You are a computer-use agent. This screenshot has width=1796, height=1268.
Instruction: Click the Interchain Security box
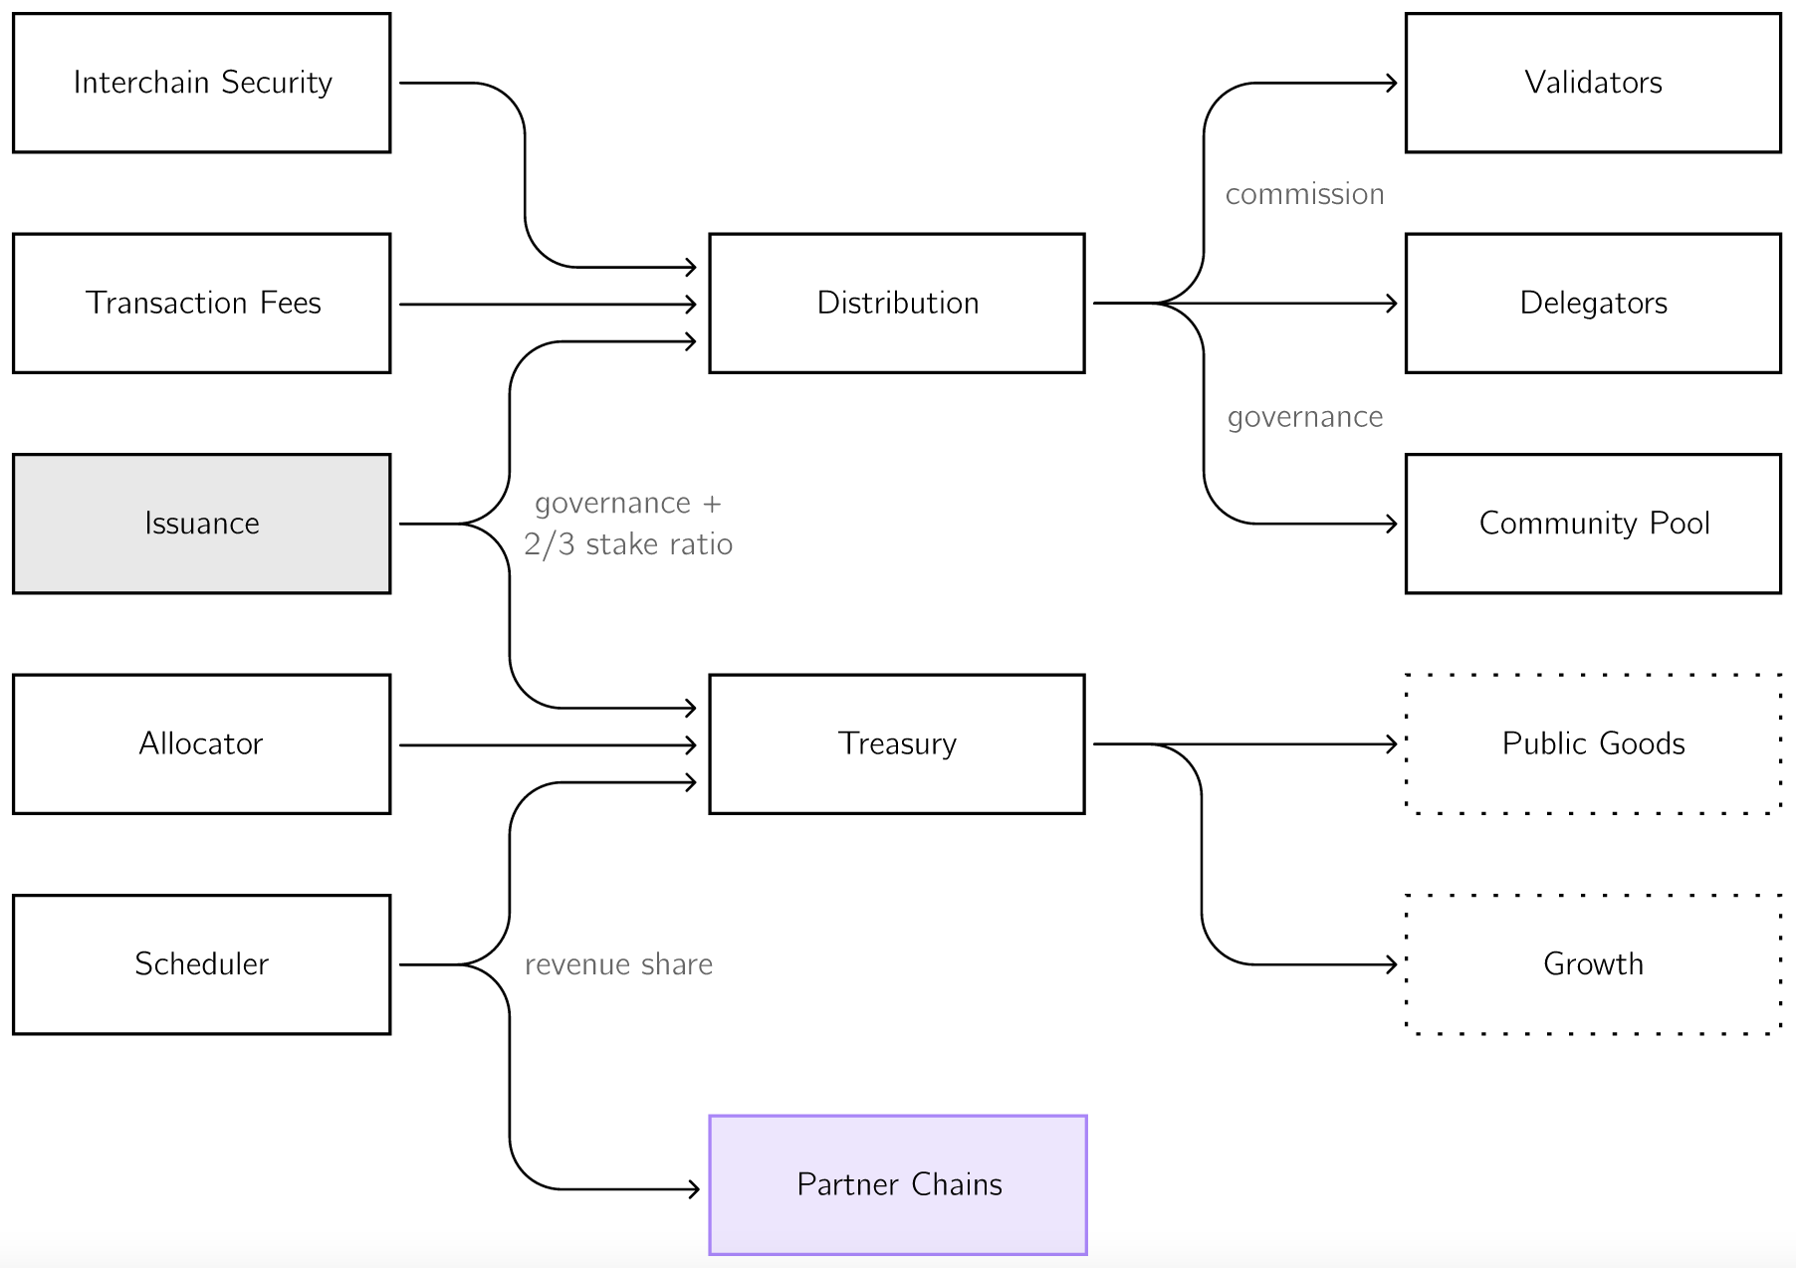[202, 83]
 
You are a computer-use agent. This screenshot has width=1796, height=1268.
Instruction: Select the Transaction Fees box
[202, 304]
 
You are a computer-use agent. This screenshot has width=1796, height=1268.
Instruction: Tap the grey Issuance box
[202, 524]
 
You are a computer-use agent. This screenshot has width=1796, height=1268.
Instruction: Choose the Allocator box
[202, 744]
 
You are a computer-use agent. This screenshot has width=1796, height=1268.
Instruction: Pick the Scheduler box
[202, 964]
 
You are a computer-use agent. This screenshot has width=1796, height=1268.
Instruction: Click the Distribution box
[897, 304]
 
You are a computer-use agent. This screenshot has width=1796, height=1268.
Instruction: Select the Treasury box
[897, 744]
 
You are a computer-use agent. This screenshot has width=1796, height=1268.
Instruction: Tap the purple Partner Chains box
[898, 1185]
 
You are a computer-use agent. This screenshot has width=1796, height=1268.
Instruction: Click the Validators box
[1593, 83]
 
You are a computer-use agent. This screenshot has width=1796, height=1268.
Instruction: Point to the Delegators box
[1593, 304]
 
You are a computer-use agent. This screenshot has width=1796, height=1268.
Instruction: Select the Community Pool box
[1593, 524]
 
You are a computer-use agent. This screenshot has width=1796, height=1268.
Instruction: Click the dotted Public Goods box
[1593, 744]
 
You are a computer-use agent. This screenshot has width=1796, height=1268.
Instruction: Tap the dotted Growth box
[1593, 964]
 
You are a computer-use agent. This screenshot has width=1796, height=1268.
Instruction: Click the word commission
[1304, 194]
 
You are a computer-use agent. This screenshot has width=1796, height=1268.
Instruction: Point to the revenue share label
[618, 964]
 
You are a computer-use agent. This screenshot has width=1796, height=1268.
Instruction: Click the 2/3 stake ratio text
[628, 544]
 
